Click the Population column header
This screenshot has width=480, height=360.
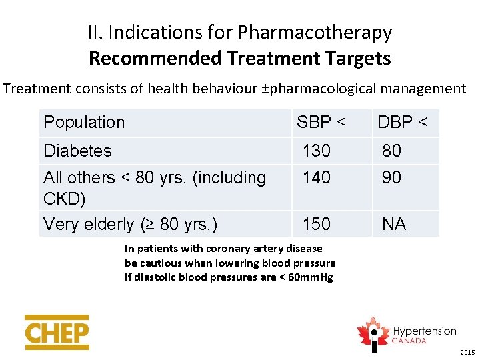(x=84, y=123)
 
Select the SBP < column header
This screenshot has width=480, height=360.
(x=321, y=123)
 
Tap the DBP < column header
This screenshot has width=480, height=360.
(x=403, y=123)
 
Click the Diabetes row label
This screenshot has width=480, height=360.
(x=77, y=151)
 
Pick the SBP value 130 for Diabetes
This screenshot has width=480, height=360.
(x=317, y=151)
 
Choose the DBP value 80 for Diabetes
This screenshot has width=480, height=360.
(x=391, y=151)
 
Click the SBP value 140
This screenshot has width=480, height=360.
(x=317, y=178)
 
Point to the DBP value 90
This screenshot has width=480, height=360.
(x=391, y=178)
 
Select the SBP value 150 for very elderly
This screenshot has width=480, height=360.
(x=317, y=225)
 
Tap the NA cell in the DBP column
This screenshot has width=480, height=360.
(x=393, y=225)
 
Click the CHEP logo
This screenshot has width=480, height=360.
(x=57, y=332)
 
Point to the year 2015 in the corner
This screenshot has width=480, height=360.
(x=467, y=352)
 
